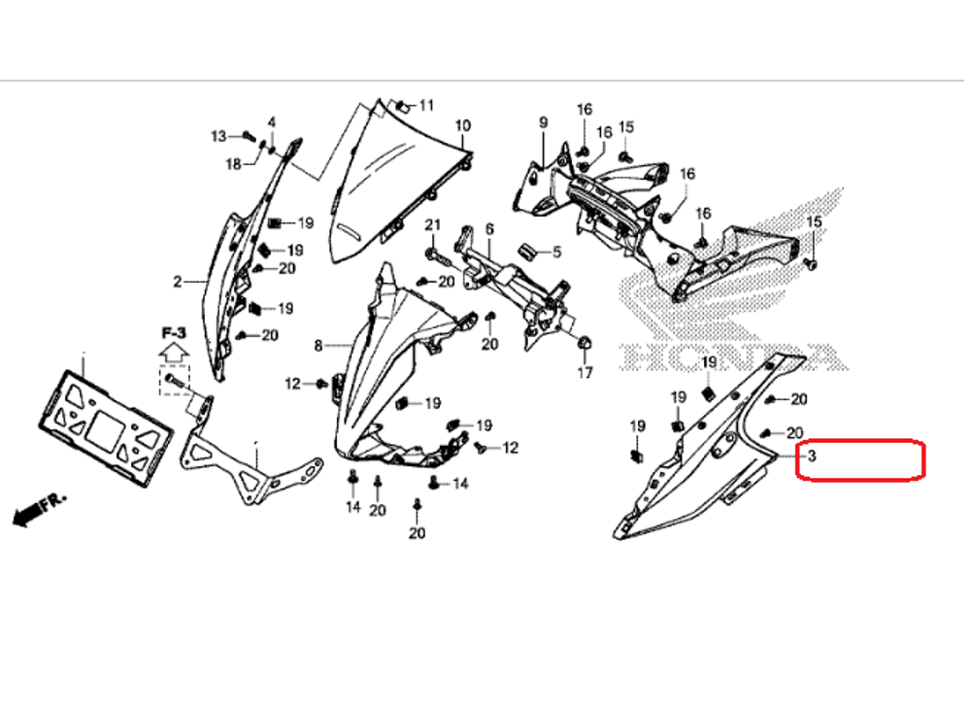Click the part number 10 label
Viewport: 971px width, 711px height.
pyautogui.click(x=462, y=125)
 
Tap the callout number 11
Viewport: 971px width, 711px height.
pyautogui.click(x=427, y=105)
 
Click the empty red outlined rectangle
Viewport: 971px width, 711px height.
pyautogui.click(x=859, y=459)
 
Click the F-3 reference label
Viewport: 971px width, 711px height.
pyautogui.click(x=174, y=332)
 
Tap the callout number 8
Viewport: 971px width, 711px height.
pyautogui.click(x=318, y=346)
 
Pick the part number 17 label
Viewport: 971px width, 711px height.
pyautogui.click(x=586, y=373)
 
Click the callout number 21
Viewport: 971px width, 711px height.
pyautogui.click(x=432, y=225)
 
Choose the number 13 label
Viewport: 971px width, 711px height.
pyautogui.click(x=218, y=135)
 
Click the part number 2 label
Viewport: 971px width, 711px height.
pyautogui.click(x=178, y=283)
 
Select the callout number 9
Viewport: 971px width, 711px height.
pyautogui.click(x=544, y=121)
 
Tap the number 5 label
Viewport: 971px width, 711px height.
pyautogui.click(x=556, y=253)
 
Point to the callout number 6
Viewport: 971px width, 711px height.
pyautogui.click(x=489, y=228)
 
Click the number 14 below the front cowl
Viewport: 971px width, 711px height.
pyautogui.click(x=353, y=507)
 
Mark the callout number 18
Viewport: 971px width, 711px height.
pyautogui.click(x=233, y=165)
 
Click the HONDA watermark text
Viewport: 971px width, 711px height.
pyautogui.click(x=728, y=357)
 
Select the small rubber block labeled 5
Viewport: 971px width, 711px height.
pyautogui.click(x=530, y=251)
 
